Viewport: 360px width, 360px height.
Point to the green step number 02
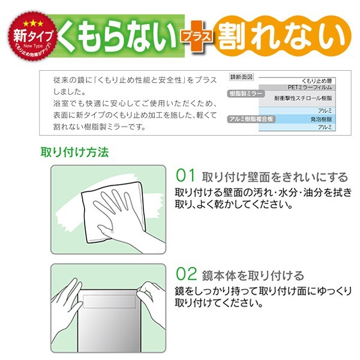[x=186, y=275]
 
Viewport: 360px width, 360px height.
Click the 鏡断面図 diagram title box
[x=242, y=77]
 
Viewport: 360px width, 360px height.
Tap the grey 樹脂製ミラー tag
[x=246, y=95]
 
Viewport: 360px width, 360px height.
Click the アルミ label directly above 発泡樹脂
[x=325, y=111]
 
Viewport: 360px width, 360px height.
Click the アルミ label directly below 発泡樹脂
[x=325, y=127]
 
